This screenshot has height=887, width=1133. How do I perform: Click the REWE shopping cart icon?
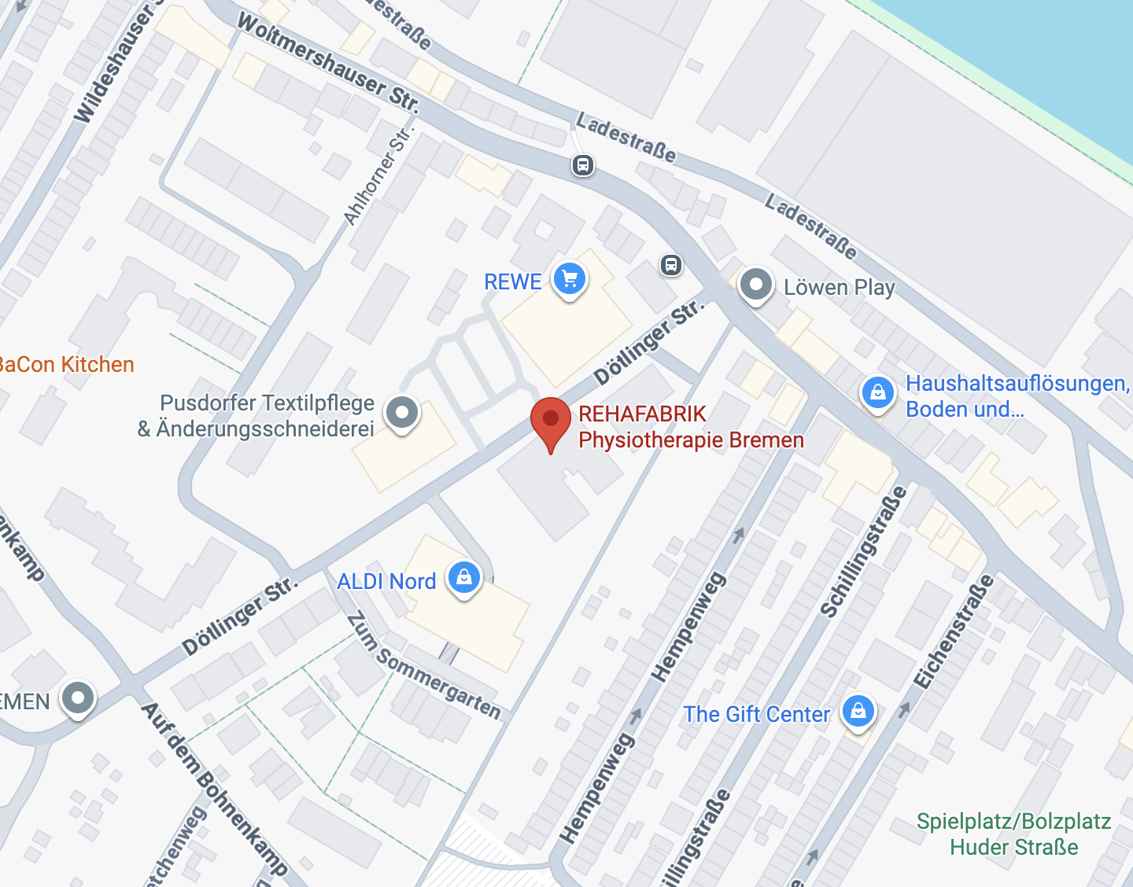click(x=570, y=279)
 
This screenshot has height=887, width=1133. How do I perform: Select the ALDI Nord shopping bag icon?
click(x=464, y=578)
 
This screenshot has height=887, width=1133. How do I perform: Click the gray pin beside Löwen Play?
click(x=756, y=284)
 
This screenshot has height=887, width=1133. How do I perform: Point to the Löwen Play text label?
click(x=840, y=287)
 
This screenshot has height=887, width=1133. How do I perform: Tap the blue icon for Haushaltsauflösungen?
click(x=878, y=392)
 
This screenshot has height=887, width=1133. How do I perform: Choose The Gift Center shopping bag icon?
click(x=858, y=711)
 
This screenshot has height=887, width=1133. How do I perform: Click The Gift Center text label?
click(x=756, y=714)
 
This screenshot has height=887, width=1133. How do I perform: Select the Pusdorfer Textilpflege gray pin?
click(x=402, y=412)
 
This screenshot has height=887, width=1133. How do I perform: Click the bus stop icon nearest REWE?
click(x=670, y=265)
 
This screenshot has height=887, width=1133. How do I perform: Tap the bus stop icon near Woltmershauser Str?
click(x=582, y=165)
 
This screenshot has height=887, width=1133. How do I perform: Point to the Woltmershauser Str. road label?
click(x=328, y=62)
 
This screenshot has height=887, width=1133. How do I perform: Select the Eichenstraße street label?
click(x=954, y=631)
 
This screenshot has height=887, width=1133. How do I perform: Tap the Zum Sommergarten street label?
click(x=423, y=665)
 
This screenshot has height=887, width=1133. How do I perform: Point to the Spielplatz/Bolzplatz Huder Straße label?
click(x=1013, y=834)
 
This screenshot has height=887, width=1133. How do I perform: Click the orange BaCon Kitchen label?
click(x=67, y=365)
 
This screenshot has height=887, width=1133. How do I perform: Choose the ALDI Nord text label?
click(x=386, y=581)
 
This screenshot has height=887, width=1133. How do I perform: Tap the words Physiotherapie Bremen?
click(x=691, y=440)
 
